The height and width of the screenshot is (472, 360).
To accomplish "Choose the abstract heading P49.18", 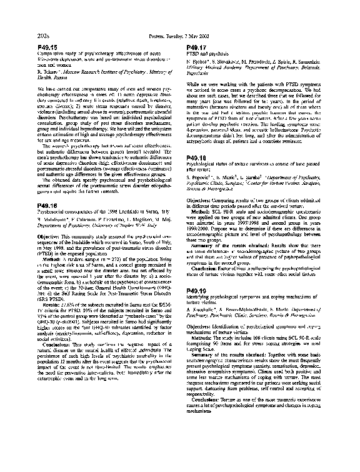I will [x=199, y=159].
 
